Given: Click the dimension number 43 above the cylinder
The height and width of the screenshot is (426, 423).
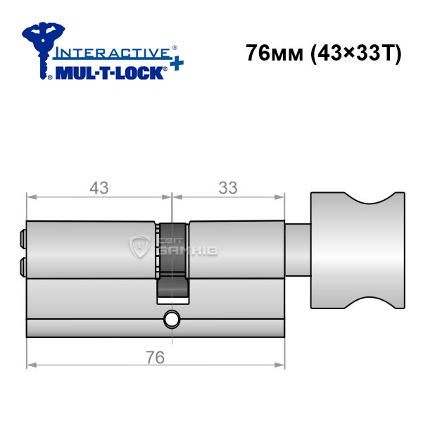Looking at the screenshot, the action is point(99,188).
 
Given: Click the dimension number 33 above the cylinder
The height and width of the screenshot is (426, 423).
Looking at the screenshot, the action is point(228,188).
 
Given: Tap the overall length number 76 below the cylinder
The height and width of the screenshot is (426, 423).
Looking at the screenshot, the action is point(156,357).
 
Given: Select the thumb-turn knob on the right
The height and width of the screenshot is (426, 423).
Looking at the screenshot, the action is point(358,250).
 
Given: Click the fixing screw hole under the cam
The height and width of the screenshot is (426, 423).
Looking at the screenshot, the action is point(172,320).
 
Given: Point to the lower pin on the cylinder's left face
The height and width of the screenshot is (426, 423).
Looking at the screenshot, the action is point(23,267).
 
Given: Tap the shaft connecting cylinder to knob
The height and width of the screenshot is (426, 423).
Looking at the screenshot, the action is point(298,250).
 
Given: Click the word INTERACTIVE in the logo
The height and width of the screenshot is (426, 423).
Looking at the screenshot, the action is point(112,53).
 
